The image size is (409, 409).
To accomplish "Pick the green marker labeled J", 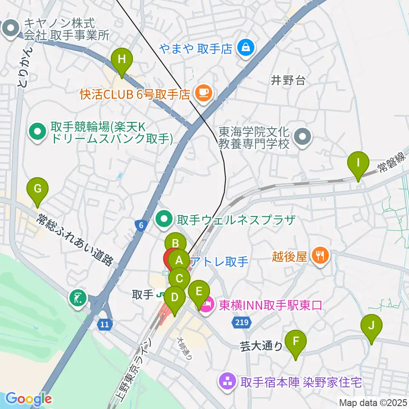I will (371, 326).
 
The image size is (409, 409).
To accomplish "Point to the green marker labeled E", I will (199, 292).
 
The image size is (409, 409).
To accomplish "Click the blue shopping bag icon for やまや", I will (246, 47).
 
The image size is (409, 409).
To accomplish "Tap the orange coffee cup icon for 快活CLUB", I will (203, 92).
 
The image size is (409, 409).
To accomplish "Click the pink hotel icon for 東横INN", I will (206, 305).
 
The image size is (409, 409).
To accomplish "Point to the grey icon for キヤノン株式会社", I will (9, 29).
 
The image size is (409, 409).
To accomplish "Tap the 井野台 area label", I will (289, 80).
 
